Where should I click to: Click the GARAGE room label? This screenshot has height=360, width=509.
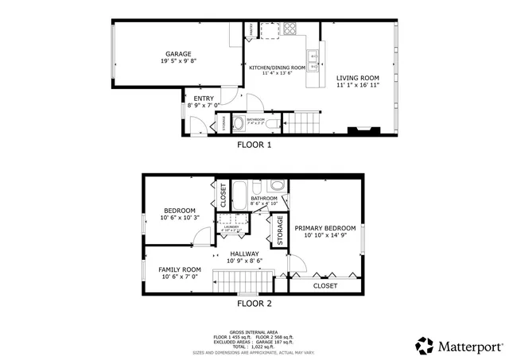pyautogui.click(x=179, y=54)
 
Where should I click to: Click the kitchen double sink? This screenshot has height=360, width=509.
pyautogui.click(x=313, y=58)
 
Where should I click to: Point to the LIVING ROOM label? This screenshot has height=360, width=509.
pyautogui.click(x=357, y=78)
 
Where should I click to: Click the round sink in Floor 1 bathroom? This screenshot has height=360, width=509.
pyautogui.click(x=238, y=123)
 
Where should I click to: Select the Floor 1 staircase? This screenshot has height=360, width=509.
pyautogui.click(x=301, y=122)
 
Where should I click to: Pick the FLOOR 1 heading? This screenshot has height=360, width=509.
pyautogui.click(x=254, y=145)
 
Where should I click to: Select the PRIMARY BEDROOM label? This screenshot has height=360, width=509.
pyautogui.click(x=325, y=228)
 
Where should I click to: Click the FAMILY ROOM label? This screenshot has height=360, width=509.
pyautogui.click(x=180, y=269)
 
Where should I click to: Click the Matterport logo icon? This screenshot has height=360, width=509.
pyautogui.click(x=425, y=346)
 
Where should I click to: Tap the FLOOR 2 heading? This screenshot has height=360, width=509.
pyautogui.click(x=254, y=304)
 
